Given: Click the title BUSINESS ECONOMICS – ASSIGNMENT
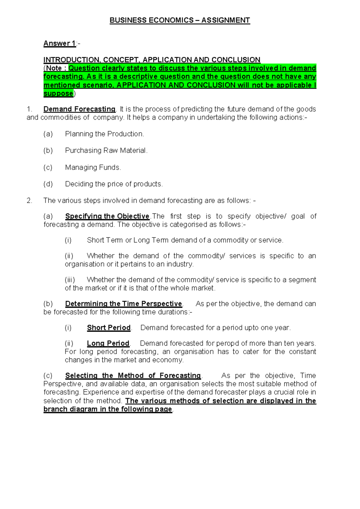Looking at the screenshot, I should tap(180, 20).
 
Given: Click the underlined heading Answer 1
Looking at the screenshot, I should tap(60, 44).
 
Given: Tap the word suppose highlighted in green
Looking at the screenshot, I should tap(58, 94).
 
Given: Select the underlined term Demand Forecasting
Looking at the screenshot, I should tap(79, 109).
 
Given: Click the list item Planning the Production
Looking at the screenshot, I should tap(104, 134).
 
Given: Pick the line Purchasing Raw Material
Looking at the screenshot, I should tap(106, 150).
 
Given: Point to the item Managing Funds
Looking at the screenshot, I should tap(93, 167).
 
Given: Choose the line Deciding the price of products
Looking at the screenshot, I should tap(114, 184).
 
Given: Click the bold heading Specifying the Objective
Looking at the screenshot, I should tap(107, 216).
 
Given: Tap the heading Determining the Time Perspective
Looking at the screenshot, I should tap(124, 304).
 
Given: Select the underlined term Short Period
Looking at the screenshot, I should tap(109, 328).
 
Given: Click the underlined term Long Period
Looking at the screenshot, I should tap(108, 343).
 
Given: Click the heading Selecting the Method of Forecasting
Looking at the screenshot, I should tap(133, 376).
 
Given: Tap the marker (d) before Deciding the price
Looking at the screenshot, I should tap(48, 184).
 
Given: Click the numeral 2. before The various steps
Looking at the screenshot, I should tap(29, 200).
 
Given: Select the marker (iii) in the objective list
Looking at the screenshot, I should tap(70, 280).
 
